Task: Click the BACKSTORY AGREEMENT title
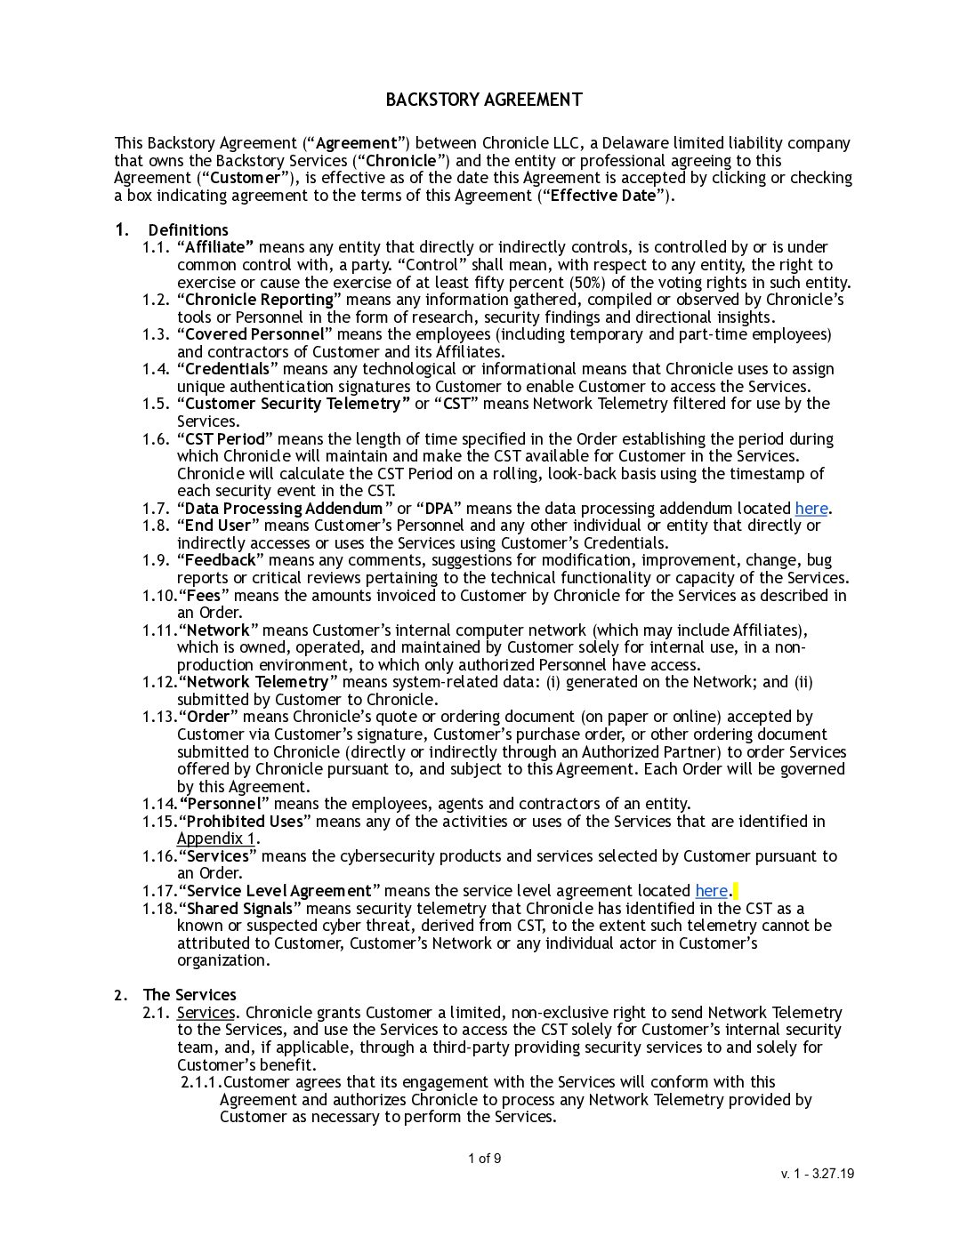[484, 100]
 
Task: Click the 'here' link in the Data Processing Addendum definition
[811, 509]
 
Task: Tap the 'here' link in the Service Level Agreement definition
[711, 891]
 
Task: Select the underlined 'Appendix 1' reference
[216, 839]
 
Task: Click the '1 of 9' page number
[484, 1159]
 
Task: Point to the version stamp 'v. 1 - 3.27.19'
[818, 1174]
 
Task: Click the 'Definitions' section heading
[188, 230]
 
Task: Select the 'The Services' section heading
[190, 995]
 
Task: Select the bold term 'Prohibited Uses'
[244, 822]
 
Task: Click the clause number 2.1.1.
[200, 1082]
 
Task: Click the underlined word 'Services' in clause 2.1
[206, 1013]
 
